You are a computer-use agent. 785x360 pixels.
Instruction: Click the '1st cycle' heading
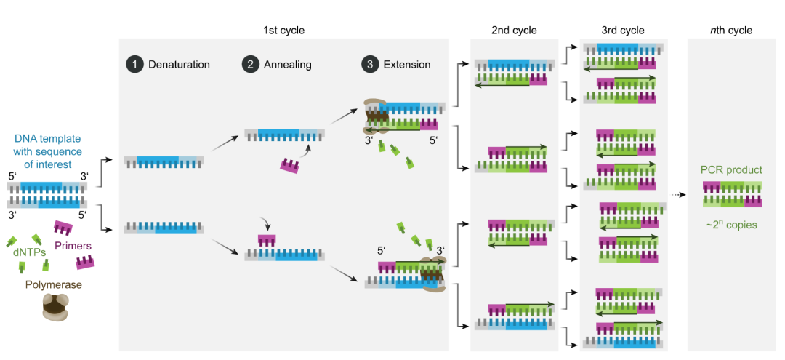(x=283, y=30)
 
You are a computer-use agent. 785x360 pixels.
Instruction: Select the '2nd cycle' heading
(x=514, y=30)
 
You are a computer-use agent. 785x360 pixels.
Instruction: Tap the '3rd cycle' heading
(x=623, y=30)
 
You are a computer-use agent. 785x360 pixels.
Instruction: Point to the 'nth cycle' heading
(x=730, y=30)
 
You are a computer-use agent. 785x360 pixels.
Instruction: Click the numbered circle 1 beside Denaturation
(x=134, y=64)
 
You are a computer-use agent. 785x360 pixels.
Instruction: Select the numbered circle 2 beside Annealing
(x=250, y=64)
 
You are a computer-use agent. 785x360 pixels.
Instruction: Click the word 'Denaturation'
(x=179, y=64)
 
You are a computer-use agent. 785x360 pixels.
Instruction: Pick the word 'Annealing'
(x=287, y=64)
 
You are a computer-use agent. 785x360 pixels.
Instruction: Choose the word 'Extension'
(x=407, y=64)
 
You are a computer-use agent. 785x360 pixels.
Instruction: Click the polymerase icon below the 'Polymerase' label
(x=55, y=309)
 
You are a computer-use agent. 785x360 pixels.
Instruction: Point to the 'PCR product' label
(x=732, y=170)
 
